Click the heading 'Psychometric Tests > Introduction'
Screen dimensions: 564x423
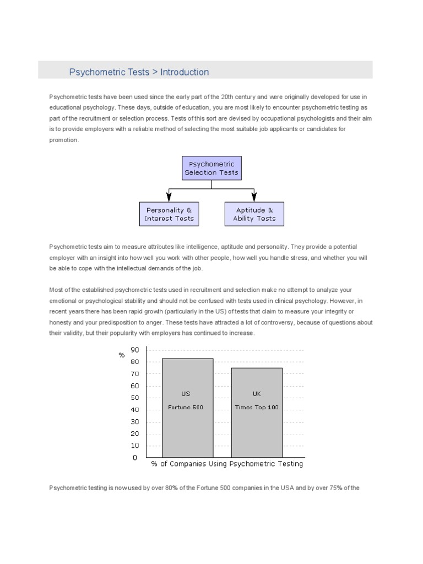[139, 72]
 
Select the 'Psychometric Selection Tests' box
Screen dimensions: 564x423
[211, 168]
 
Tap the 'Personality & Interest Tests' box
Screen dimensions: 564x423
[169, 214]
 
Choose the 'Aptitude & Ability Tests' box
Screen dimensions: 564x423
[254, 214]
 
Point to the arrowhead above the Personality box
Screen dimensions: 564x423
[169, 196]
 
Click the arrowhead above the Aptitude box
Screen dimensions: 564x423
[254, 196]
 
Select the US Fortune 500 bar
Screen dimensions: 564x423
[187, 408]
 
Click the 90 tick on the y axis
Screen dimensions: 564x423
[134, 350]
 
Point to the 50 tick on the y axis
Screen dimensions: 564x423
[134, 398]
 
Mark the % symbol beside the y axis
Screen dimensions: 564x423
[122, 355]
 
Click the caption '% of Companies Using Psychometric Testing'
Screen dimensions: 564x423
[227, 464]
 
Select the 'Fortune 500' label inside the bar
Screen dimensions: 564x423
[186, 408]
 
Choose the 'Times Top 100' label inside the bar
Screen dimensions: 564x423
[257, 408]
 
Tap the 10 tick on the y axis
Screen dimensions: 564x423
[134, 445]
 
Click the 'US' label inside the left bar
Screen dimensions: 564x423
[186, 394]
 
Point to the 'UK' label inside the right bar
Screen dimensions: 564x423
[257, 394]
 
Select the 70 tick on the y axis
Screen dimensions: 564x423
[134, 373]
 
